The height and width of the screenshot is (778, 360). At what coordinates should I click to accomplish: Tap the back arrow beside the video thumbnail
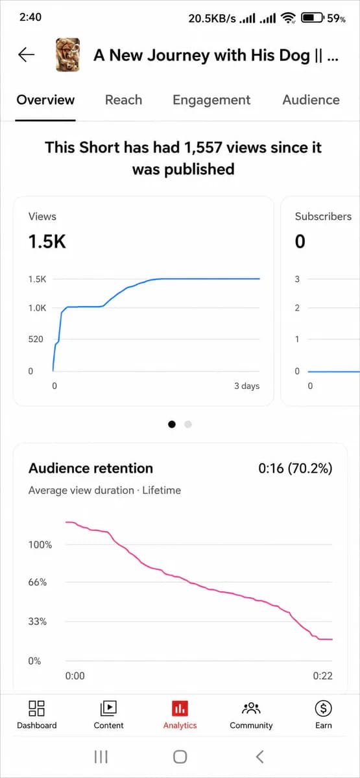click(27, 54)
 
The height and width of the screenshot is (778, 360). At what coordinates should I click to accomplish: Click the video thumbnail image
click(67, 55)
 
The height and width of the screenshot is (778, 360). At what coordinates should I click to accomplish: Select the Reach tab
click(124, 100)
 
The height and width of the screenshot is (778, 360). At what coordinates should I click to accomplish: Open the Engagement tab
click(211, 100)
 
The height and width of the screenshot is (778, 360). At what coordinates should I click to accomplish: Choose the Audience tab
click(311, 100)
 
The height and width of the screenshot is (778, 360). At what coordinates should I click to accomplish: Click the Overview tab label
click(45, 100)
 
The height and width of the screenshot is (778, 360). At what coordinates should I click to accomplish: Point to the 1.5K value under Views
click(47, 241)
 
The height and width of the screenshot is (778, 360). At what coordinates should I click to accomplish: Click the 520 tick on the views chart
click(36, 339)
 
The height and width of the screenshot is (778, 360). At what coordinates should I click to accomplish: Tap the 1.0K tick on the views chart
click(37, 308)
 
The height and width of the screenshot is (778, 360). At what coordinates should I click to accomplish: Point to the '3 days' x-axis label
click(246, 386)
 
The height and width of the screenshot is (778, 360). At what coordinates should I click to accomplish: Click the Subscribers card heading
click(323, 217)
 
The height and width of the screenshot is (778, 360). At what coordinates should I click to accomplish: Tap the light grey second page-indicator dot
click(188, 424)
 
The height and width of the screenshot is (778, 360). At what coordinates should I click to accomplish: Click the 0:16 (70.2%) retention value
click(295, 469)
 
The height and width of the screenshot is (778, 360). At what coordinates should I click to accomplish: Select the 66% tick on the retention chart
click(38, 582)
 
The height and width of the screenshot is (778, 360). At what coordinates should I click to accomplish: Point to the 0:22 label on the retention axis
click(323, 676)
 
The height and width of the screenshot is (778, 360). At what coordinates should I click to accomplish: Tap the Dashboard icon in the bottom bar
click(36, 708)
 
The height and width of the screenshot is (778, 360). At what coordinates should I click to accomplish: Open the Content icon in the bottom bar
click(108, 708)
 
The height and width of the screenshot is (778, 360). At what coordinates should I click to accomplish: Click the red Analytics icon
click(180, 709)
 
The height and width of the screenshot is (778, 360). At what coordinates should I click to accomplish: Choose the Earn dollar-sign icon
click(324, 708)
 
